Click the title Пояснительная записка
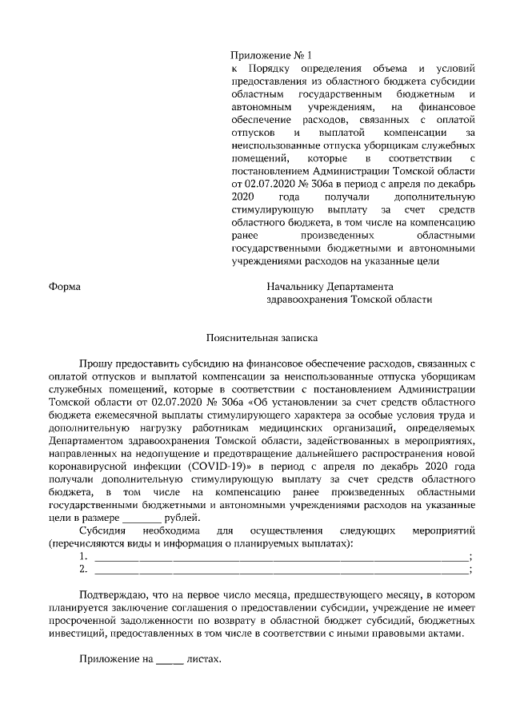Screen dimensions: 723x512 click(x=252, y=337)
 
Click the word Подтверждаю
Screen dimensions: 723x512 click(x=112, y=595)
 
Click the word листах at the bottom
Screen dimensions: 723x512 click(x=202, y=661)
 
